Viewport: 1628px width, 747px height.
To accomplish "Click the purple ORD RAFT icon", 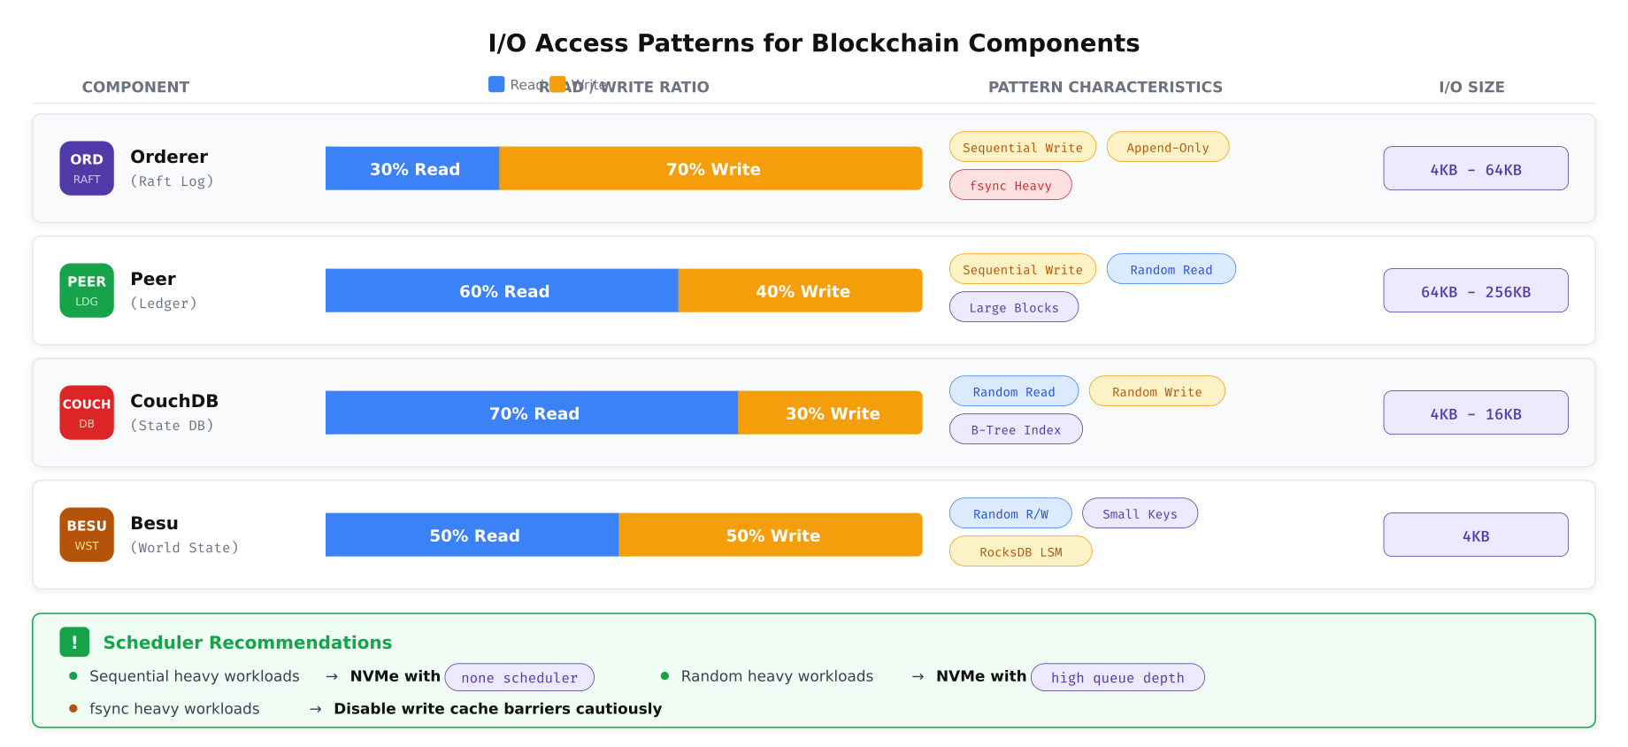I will tap(87, 168).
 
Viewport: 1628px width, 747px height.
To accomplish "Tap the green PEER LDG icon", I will tap(87, 290).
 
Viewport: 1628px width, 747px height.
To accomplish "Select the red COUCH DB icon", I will tap(87, 412).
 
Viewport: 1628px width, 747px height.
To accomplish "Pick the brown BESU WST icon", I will tap(87, 535).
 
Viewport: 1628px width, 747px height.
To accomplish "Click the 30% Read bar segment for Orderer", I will tap(412, 168).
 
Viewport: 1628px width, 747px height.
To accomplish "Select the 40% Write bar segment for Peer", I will tap(801, 290).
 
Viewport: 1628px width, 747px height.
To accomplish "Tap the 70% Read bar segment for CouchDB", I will tap(532, 412).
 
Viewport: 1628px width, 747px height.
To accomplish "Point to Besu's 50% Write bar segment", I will tap(771, 535).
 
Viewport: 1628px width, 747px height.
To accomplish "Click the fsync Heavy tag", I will tap(1010, 185).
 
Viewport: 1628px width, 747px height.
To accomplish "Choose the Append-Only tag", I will tap(1167, 147).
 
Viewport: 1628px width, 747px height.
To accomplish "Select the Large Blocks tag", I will tap(1013, 307).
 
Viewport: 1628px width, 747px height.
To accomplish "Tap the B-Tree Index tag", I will tap(1016, 429).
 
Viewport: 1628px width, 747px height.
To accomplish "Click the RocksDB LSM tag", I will tap(1020, 551).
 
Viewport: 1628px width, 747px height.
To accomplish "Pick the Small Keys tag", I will tap(1140, 513).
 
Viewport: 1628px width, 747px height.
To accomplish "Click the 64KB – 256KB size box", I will tap(1475, 291).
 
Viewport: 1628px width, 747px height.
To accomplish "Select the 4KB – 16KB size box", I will tap(1475, 413).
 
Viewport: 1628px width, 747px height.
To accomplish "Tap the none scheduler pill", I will tap(519, 677).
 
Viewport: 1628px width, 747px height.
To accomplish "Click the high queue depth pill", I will tap(1117, 677).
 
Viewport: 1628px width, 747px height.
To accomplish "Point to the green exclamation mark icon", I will tap(74, 643).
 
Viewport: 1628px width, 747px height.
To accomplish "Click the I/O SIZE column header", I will tap(1471, 87).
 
